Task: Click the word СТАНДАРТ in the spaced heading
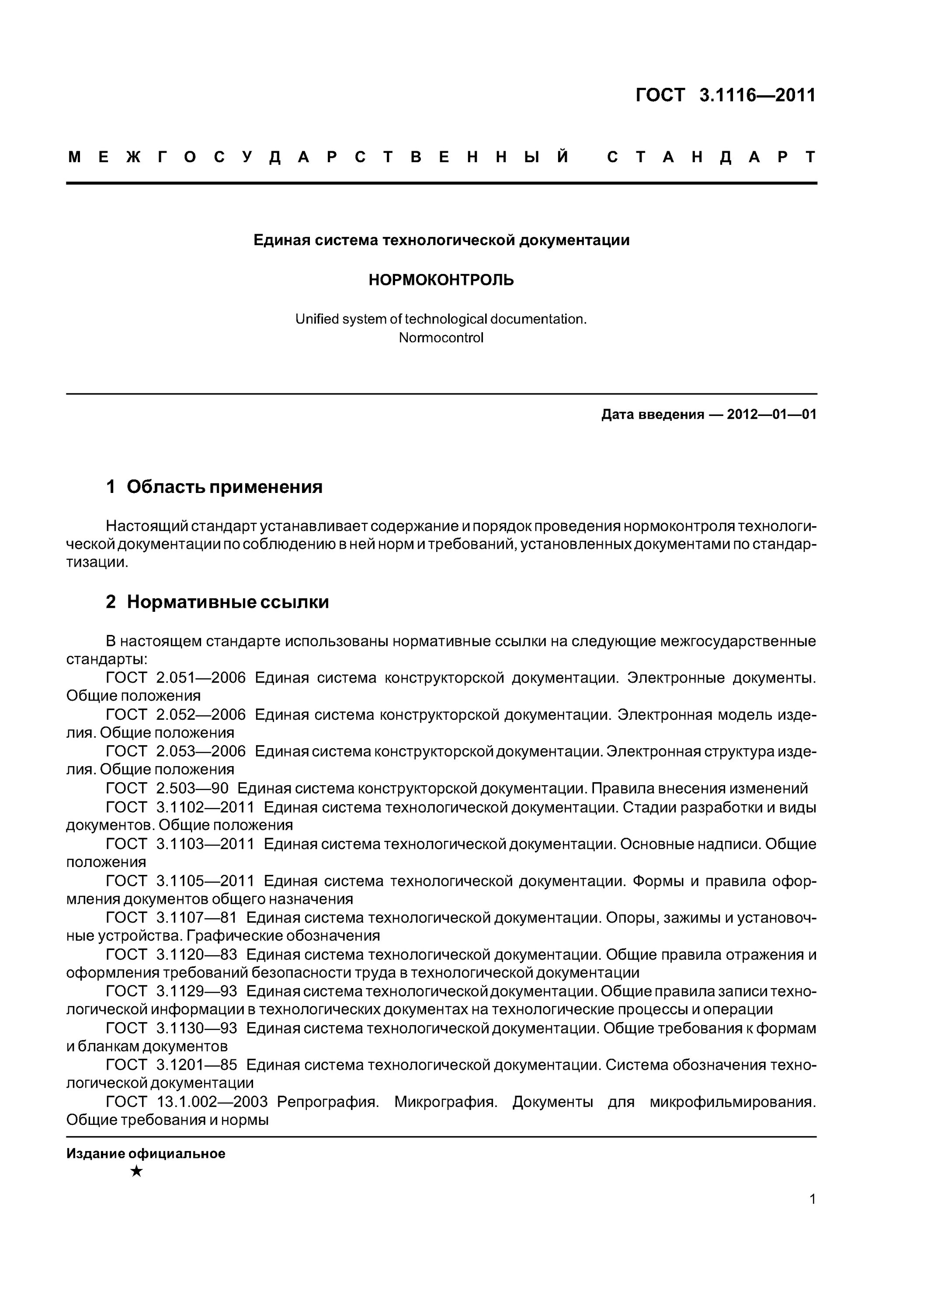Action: point(711,157)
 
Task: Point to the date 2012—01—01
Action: point(772,415)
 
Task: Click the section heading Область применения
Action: point(225,487)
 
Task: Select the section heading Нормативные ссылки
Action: point(227,602)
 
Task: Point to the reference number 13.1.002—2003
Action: point(212,1102)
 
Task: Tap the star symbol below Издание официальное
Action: point(136,1172)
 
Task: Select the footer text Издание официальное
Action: point(146,1153)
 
